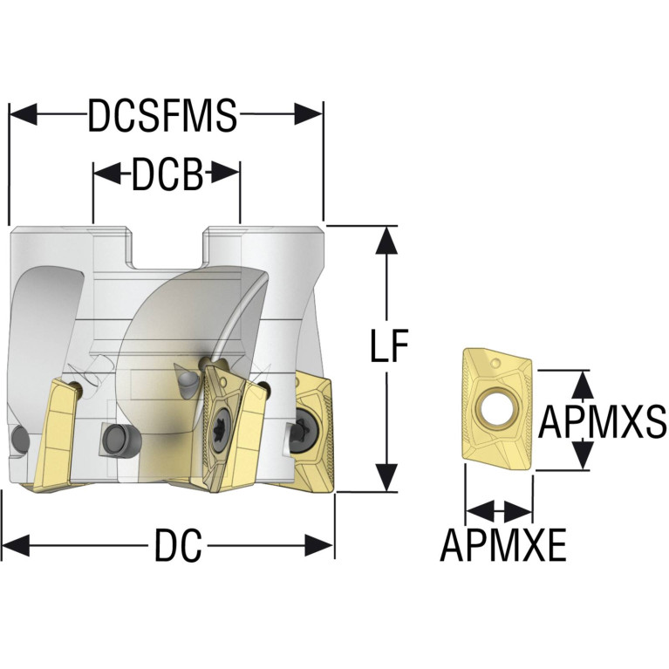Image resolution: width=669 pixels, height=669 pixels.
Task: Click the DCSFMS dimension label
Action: tap(162, 115)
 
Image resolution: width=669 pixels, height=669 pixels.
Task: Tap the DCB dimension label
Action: tap(167, 174)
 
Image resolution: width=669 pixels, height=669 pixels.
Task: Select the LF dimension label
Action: tap(389, 345)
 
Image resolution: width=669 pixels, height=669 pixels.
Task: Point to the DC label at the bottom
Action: tap(178, 545)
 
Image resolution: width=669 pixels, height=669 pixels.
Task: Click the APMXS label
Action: tap(602, 422)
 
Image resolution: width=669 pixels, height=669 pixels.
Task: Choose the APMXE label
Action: tap(503, 545)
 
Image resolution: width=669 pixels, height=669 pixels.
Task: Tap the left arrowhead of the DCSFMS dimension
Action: tap(23, 114)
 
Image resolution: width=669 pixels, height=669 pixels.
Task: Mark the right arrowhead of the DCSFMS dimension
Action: tap(308, 114)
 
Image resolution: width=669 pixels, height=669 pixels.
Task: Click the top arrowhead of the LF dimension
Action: tap(387, 240)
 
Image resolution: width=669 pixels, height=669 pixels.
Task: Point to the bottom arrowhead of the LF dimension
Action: tap(387, 477)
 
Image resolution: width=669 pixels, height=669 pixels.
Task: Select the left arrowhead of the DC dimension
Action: tap(17, 545)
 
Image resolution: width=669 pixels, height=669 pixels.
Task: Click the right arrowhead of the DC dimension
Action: tap(319, 545)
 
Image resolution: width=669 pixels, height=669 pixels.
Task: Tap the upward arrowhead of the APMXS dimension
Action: tap(583, 385)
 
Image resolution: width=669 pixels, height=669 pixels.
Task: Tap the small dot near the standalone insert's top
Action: tap(495, 363)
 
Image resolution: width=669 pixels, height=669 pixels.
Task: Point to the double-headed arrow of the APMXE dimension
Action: tap(499, 511)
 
